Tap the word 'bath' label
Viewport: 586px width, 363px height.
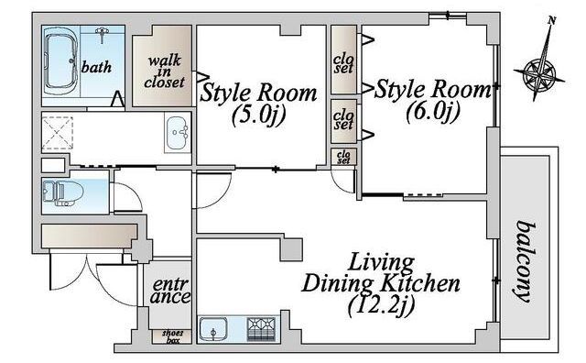(96, 67)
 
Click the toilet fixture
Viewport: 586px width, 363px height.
(63, 193)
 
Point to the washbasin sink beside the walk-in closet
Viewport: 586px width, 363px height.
(177, 133)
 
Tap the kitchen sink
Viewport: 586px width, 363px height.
(212, 329)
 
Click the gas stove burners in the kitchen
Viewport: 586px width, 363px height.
(261, 329)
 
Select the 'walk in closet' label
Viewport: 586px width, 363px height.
(164, 71)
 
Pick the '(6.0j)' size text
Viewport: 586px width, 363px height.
(433, 111)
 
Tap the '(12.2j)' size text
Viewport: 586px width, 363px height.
(381, 306)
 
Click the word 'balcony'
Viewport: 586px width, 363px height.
(526, 261)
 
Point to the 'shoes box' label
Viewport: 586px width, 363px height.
(172, 336)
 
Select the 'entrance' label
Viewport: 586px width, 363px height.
(171, 291)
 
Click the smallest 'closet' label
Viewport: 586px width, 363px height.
(343, 157)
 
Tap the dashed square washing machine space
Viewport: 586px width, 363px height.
(57, 133)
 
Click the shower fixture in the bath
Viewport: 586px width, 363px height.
(102, 35)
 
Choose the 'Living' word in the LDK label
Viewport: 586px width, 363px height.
(381, 263)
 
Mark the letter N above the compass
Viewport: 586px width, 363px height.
(551, 20)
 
